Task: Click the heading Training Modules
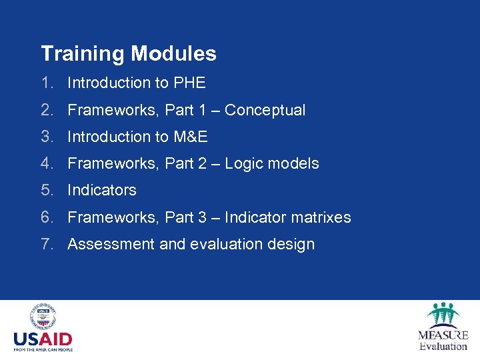(x=129, y=53)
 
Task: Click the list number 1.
(x=47, y=83)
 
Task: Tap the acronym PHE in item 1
(x=189, y=83)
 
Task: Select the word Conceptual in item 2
(x=265, y=110)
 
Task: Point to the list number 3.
(x=47, y=137)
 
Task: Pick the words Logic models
(x=271, y=163)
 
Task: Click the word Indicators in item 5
(x=102, y=190)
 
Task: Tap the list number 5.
(x=47, y=190)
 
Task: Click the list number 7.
(x=47, y=244)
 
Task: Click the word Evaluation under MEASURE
(x=443, y=346)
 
